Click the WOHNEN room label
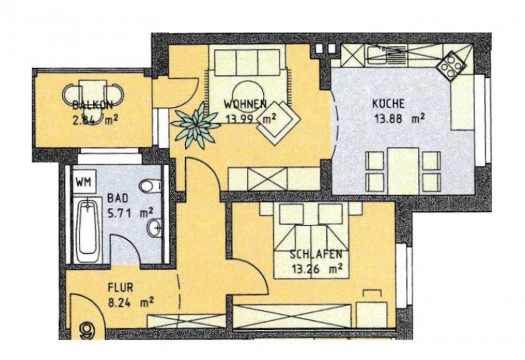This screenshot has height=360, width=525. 244,104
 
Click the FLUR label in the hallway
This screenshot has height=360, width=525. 121,287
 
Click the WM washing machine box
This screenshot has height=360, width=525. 83,180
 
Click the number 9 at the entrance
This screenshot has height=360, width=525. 87,330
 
